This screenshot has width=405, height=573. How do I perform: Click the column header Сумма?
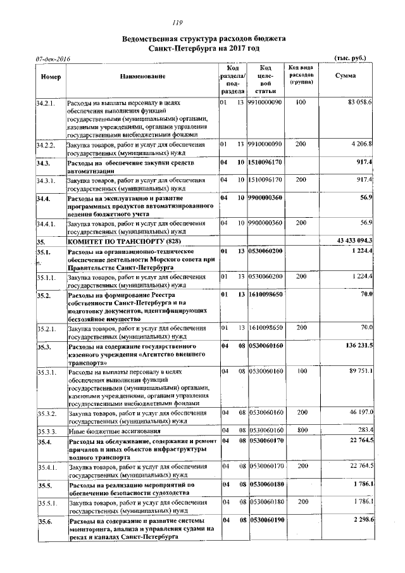(345, 76)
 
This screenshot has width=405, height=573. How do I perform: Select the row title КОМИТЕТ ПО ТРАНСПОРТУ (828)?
(118, 241)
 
